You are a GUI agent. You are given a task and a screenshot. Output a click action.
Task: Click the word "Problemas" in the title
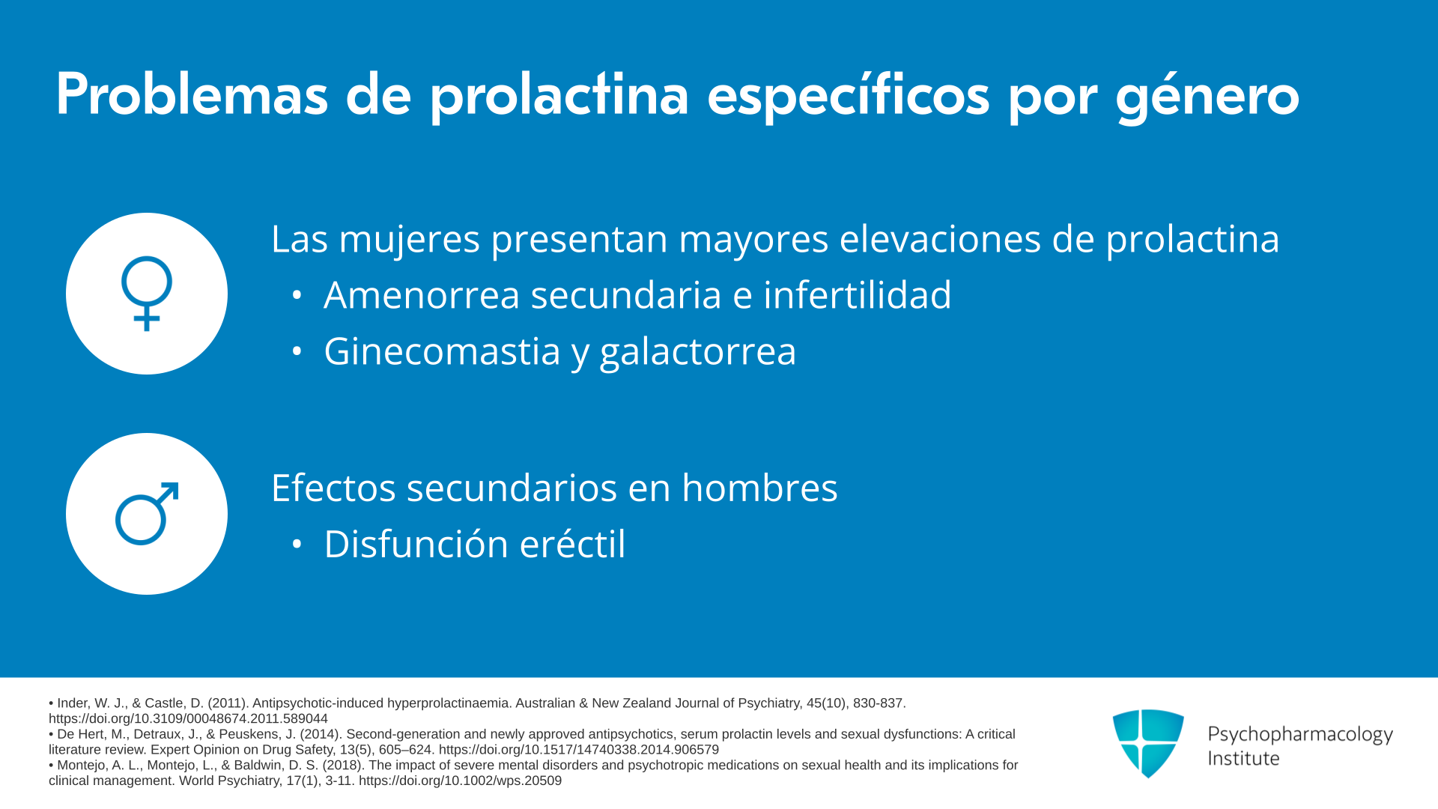tap(192, 94)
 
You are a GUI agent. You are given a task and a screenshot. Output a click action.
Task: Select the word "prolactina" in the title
tap(559, 97)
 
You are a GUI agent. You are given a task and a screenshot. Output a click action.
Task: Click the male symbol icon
tap(147, 514)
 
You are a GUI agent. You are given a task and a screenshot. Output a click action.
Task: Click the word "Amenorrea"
tap(422, 295)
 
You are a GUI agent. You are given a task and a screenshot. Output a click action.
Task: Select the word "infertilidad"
tap(857, 294)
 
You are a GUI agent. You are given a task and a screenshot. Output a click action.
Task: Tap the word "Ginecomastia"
tap(442, 351)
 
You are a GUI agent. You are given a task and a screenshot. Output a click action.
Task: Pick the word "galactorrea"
tap(698, 352)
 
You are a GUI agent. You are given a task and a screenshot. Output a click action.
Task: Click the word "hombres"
tap(759, 488)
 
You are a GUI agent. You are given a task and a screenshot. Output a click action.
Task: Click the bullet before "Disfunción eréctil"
tap(297, 545)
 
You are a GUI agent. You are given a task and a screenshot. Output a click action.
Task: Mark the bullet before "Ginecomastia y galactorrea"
tap(297, 351)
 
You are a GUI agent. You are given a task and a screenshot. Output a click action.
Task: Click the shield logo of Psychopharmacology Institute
tap(1148, 743)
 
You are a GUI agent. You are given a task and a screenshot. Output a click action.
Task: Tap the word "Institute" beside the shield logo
tap(1243, 758)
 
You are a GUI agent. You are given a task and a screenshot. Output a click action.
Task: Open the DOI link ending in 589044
tap(188, 718)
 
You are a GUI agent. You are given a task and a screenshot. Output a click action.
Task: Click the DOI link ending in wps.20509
tap(460, 781)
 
